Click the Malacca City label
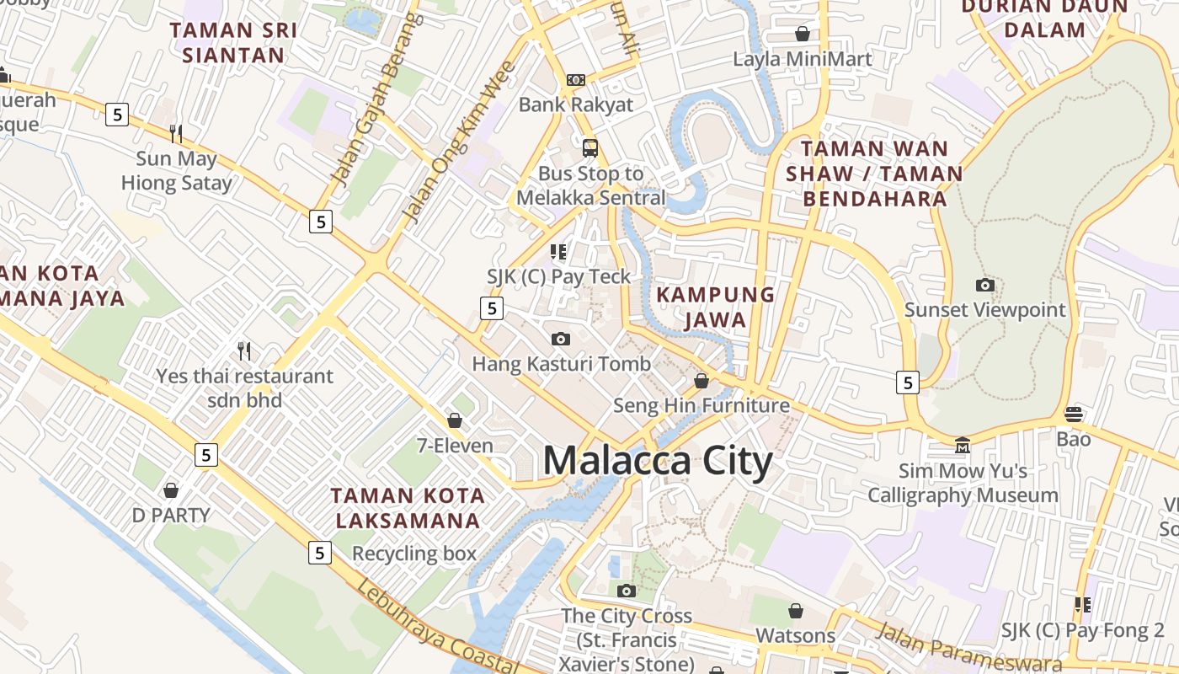[x=657, y=461]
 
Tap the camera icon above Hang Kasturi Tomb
[x=560, y=339]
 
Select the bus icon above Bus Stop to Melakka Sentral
[x=590, y=148]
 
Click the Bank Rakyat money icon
[x=576, y=79]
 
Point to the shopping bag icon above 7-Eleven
[x=455, y=420]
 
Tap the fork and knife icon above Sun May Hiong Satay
[x=176, y=133]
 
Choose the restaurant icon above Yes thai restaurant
[x=244, y=350]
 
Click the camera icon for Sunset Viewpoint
[x=984, y=285]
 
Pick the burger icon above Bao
[x=1073, y=414]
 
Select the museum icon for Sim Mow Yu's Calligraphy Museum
[x=963, y=444]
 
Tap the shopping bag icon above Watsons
[x=795, y=610]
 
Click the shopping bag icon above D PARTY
[x=171, y=489]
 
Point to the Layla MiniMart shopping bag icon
[x=803, y=34]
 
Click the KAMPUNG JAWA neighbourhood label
[x=715, y=307]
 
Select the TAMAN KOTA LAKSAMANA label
[x=408, y=507]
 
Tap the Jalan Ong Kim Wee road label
[x=458, y=142]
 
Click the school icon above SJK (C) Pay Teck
[x=558, y=251]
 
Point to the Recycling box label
[x=414, y=554]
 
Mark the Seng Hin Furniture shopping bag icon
[x=701, y=381]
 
